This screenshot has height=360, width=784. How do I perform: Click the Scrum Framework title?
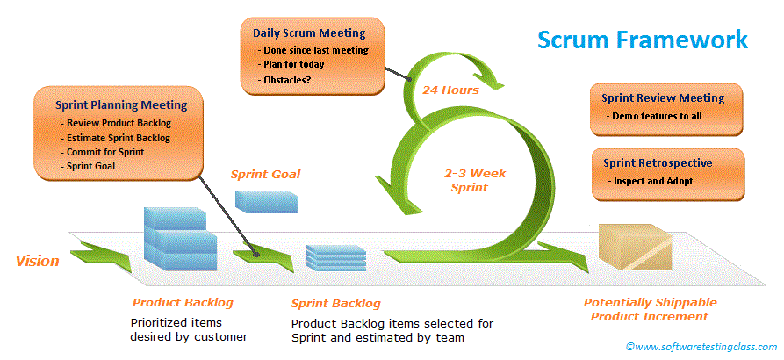point(643,40)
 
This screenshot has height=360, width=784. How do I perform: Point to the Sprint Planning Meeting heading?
point(121,104)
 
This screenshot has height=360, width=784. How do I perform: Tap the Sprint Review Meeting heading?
point(663,98)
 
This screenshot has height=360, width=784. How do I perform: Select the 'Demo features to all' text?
point(658,116)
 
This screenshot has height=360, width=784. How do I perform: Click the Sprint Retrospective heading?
point(658,162)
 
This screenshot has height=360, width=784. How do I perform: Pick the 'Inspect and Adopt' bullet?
point(654,180)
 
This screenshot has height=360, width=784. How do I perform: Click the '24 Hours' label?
point(449,90)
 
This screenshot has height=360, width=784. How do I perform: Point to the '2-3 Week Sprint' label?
point(473,180)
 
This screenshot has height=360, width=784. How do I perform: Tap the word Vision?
point(38,261)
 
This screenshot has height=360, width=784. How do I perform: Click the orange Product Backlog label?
point(183,302)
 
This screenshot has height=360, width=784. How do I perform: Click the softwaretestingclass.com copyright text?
point(701,347)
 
